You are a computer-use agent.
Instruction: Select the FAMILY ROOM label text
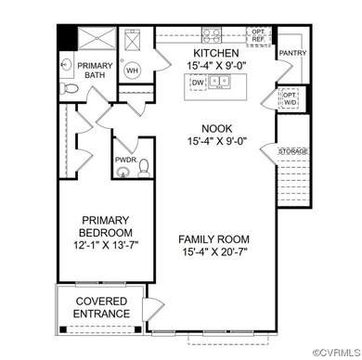pyautogui.click(x=214, y=238)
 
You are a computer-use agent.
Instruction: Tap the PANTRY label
pyautogui.click(x=291, y=53)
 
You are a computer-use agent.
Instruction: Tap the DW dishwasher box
pyautogui.click(x=197, y=83)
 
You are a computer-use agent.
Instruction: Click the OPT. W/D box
pyautogui.click(x=290, y=97)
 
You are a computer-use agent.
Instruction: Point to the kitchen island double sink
pyautogui.click(x=220, y=83)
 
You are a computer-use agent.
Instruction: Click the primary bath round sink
pyautogui.click(x=66, y=65)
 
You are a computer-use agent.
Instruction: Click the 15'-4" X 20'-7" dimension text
pyautogui.click(x=214, y=252)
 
